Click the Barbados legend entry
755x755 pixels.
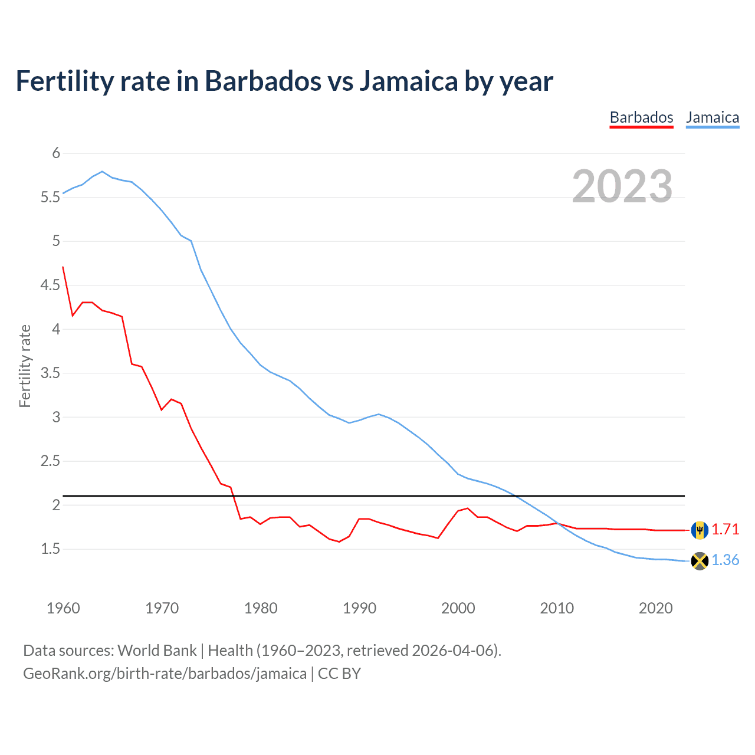click(641, 117)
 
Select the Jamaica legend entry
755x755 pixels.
click(713, 117)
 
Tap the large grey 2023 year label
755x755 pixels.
click(622, 186)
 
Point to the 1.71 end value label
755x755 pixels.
click(725, 530)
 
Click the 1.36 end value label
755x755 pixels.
click(725, 560)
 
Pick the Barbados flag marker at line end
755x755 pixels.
click(700, 530)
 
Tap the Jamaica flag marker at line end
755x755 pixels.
click(700, 560)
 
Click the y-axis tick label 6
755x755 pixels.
click(56, 153)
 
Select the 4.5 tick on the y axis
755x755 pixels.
click(50, 285)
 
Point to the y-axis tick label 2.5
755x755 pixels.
click(50, 461)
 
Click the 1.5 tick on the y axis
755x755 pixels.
click(50, 549)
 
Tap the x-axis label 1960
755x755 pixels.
click(63, 608)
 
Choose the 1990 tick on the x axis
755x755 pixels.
click(359, 608)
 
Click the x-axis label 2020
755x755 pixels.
click(655, 608)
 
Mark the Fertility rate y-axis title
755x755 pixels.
click(25, 366)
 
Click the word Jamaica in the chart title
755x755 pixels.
click(408, 81)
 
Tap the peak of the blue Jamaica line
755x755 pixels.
click(102, 172)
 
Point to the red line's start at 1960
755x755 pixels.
click(63, 267)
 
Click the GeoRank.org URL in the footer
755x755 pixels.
click(165, 674)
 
